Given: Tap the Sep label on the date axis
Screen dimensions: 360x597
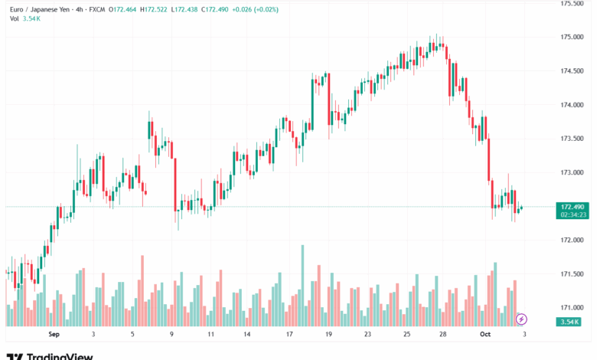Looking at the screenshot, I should pyautogui.click(x=53, y=335).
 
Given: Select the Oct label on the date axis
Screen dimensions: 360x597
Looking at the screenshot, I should pyautogui.click(x=484, y=335).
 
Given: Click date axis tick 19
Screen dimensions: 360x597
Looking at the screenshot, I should pyautogui.click(x=328, y=335).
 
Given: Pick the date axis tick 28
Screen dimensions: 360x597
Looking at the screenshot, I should pyautogui.click(x=443, y=335).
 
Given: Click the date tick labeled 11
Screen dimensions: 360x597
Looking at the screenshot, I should pyautogui.click(x=210, y=335).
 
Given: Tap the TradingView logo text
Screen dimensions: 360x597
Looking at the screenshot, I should pyautogui.click(x=59, y=356).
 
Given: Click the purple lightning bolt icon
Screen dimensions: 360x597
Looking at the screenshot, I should pyautogui.click(x=522, y=319).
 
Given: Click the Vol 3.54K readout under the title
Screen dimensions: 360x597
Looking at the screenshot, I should pyautogui.click(x=25, y=18).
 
